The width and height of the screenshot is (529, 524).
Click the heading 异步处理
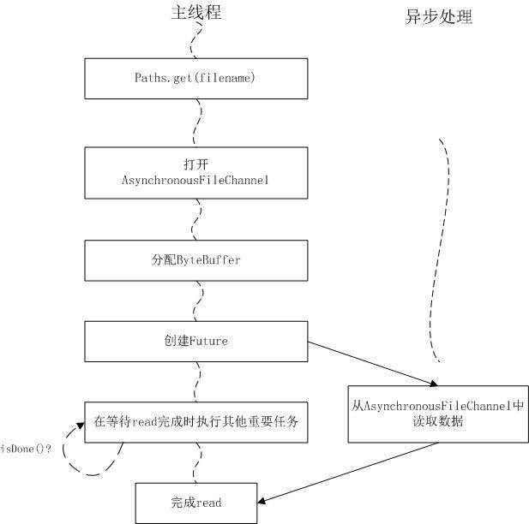coord(438,16)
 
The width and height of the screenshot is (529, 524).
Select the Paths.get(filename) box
coord(196,79)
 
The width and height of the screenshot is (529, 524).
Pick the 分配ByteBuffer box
coord(196,259)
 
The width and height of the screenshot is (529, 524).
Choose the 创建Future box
coord(196,341)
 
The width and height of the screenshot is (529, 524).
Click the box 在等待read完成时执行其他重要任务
coord(196,421)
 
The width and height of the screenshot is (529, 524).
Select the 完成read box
coord(196,503)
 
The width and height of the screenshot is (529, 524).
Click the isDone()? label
coord(26,448)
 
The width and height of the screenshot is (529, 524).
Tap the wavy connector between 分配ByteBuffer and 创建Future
coord(198,301)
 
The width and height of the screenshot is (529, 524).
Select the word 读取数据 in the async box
coord(437,421)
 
